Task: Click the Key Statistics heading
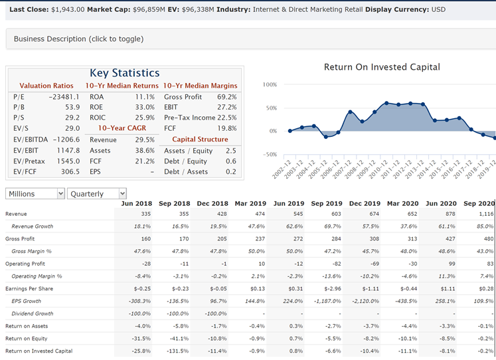tap(124, 73)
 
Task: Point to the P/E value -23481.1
tap(64, 97)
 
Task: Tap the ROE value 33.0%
tap(145, 108)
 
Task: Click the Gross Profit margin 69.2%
tap(226, 97)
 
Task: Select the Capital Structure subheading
tap(200, 139)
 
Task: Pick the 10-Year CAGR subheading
tap(122, 129)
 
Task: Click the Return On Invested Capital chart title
tap(381, 67)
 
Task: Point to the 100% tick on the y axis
tap(270, 85)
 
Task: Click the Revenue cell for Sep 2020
tap(483, 214)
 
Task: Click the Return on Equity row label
tap(27, 339)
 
